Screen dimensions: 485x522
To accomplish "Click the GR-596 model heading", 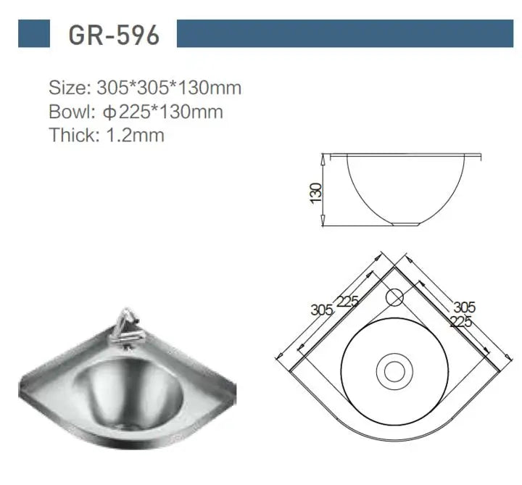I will tap(114, 34).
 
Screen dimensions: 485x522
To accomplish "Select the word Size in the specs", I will tap(67, 88).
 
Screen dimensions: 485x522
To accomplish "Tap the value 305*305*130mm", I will tap(169, 88).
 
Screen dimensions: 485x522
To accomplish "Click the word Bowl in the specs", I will tap(69, 112).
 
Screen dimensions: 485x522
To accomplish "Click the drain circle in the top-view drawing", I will tap(394, 371).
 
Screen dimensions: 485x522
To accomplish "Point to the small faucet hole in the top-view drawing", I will tap(394, 296).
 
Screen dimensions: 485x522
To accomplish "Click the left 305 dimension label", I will tap(321, 310).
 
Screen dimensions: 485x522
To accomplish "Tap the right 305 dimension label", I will tap(464, 307).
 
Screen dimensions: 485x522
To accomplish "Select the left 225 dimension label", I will tap(347, 301).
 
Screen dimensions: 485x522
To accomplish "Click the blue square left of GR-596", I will tap(34, 34).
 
